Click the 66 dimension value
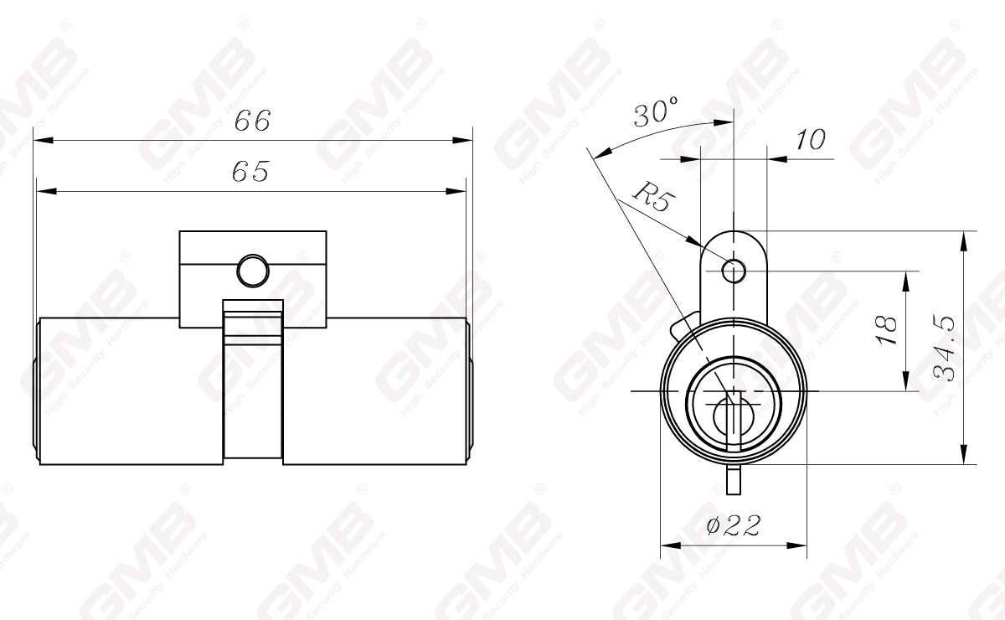coord(252,121)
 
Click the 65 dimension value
coord(250,173)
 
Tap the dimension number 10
coord(810,140)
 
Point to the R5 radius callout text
coord(651,198)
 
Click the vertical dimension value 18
coord(890,330)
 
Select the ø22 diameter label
coord(733,525)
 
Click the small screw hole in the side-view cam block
coord(252,270)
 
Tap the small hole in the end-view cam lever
coord(734,271)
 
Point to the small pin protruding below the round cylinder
coord(734,481)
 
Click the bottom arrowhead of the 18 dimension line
coord(905,384)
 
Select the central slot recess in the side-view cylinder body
coord(252,381)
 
